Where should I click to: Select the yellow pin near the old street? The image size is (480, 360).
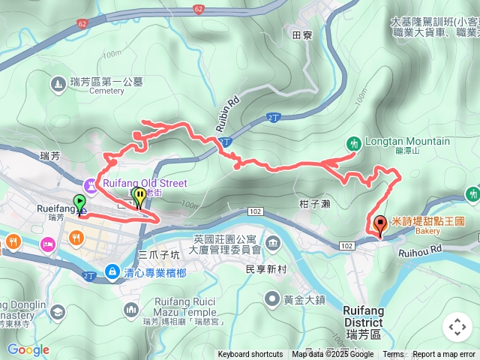pyautogui.click(x=139, y=197)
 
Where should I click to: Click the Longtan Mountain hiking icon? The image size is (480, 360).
pyautogui.click(x=353, y=142)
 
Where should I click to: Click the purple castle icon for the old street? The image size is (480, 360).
pyautogui.click(x=91, y=183)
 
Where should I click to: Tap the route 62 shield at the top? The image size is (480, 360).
pyautogui.click(x=198, y=9)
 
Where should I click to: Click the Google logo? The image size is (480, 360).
pyautogui.click(x=28, y=349)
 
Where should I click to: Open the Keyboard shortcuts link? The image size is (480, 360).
pyautogui.click(x=250, y=355)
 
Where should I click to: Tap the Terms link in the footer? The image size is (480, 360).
pyautogui.click(x=393, y=355)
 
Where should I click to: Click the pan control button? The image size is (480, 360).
pyautogui.click(x=457, y=327)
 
